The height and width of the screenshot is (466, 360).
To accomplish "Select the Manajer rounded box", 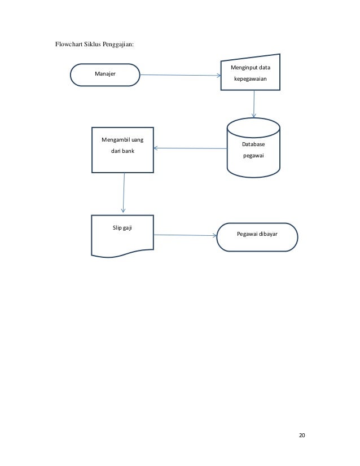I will (105, 74).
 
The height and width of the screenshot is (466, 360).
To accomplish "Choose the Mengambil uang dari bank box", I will (122, 150).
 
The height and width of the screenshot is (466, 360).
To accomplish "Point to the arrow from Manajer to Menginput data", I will (179, 75).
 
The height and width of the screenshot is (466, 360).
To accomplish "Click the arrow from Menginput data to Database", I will (254, 104).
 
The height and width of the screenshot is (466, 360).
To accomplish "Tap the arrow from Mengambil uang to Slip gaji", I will (124, 193).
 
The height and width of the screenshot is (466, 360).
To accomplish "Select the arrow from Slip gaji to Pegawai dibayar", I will (185, 235).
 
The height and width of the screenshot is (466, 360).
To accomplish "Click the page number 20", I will (302, 436).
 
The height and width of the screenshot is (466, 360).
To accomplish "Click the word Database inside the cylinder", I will (253, 144).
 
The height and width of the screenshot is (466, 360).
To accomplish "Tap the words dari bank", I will (122, 151).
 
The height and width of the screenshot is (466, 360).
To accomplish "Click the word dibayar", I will (269, 233).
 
